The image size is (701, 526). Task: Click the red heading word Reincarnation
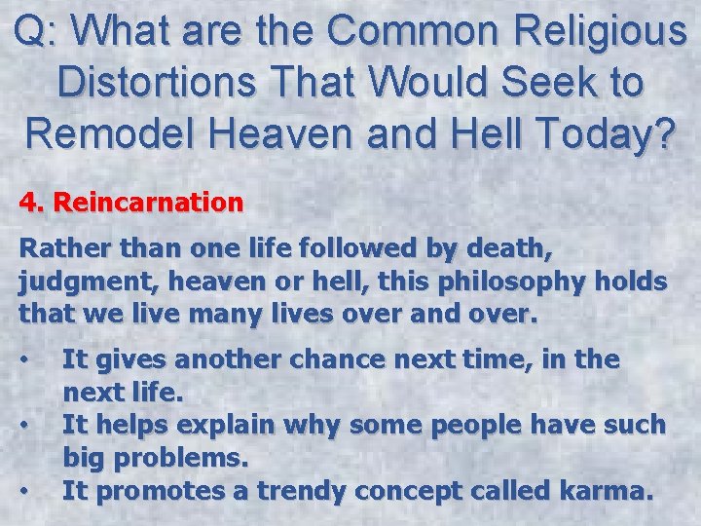click(x=148, y=203)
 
